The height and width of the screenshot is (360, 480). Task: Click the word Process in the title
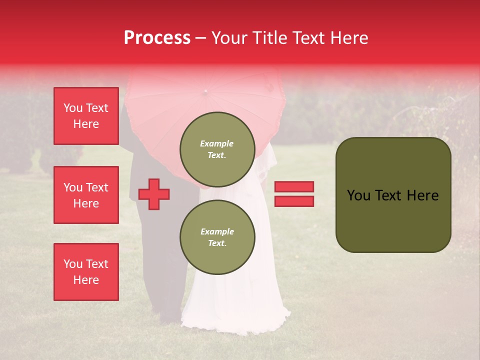coord(157,38)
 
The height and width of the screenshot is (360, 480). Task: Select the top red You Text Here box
coord(86,116)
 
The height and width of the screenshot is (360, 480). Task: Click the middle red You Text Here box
coord(86,195)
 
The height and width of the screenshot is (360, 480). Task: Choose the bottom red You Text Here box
coord(86,272)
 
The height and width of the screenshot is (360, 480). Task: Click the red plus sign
coord(154,194)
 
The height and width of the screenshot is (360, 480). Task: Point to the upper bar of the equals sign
coord(294,187)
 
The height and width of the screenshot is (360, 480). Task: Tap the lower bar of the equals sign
coord(294,201)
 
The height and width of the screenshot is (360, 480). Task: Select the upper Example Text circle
coord(217,149)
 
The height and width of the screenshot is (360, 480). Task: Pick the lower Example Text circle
coord(217,237)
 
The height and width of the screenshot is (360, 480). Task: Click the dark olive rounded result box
coord(393,195)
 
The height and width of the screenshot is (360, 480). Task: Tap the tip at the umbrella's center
coord(205,91)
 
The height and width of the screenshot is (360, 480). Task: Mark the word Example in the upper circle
coord(217,143)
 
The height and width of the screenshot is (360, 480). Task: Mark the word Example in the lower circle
coord(217,231)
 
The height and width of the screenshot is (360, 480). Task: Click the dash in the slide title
coord(201,38)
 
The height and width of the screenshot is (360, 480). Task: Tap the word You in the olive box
coord(359,195)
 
